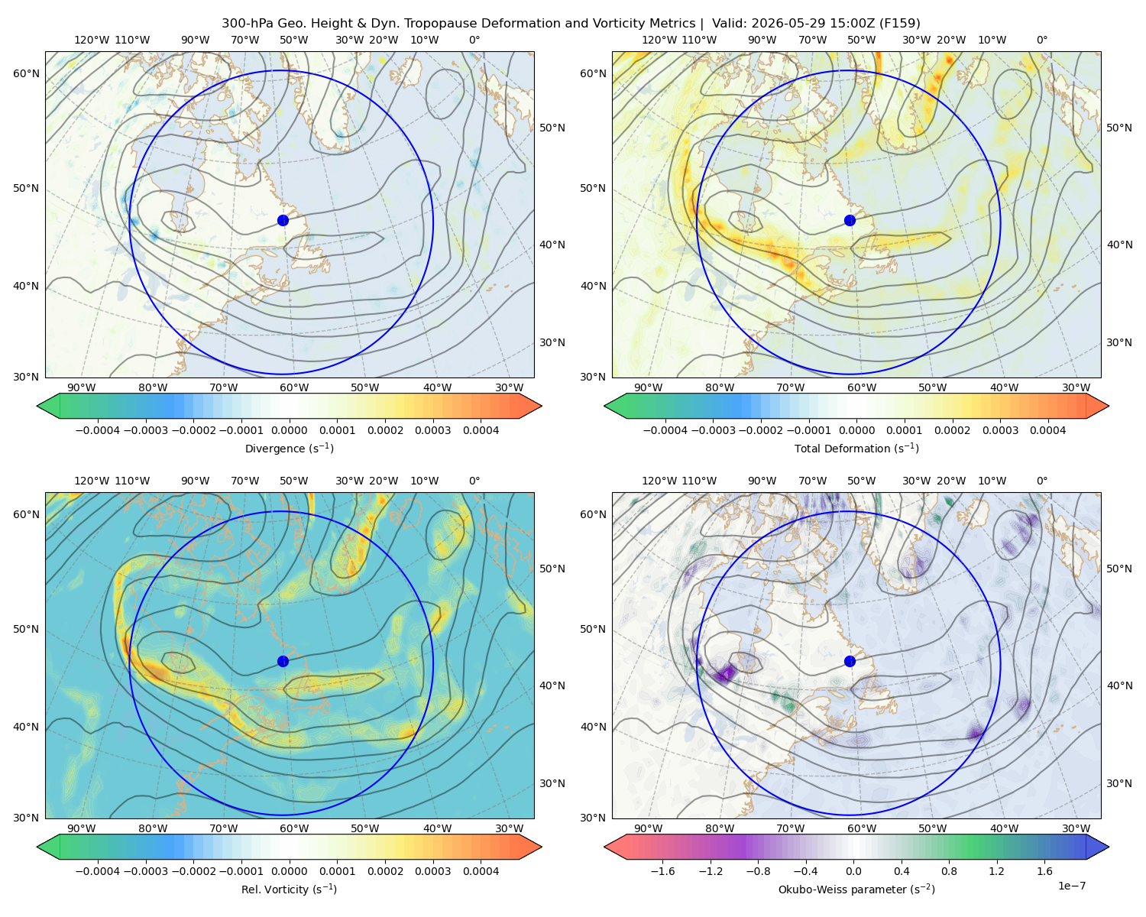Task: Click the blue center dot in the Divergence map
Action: coord(283,220)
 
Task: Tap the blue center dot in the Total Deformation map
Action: coord(850,220)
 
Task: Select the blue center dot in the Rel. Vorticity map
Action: coord(283,661)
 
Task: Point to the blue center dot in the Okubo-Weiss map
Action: coord(850,661)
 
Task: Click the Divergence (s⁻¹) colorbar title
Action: coord(289,448)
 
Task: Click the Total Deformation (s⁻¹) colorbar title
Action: coord(856,448)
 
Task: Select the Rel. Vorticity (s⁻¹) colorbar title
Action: coord(289,889)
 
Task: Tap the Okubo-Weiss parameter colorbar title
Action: coord(856,889)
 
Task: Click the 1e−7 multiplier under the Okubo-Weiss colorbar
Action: coord(1071,886)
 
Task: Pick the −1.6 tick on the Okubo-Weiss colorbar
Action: coord(662,870)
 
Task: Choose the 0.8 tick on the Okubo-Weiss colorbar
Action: coord(949,870)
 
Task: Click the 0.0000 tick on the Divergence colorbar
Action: coord(289,430)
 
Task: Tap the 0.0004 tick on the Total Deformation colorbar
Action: coord(1047,430)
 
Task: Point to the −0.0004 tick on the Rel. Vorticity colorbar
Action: coord(98,870)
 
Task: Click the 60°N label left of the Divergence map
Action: coord(26,73)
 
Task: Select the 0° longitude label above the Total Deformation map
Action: coord(1041,40)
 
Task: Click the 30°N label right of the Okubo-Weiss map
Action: coord(1118,783)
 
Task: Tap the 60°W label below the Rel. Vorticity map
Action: coord(294,828)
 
